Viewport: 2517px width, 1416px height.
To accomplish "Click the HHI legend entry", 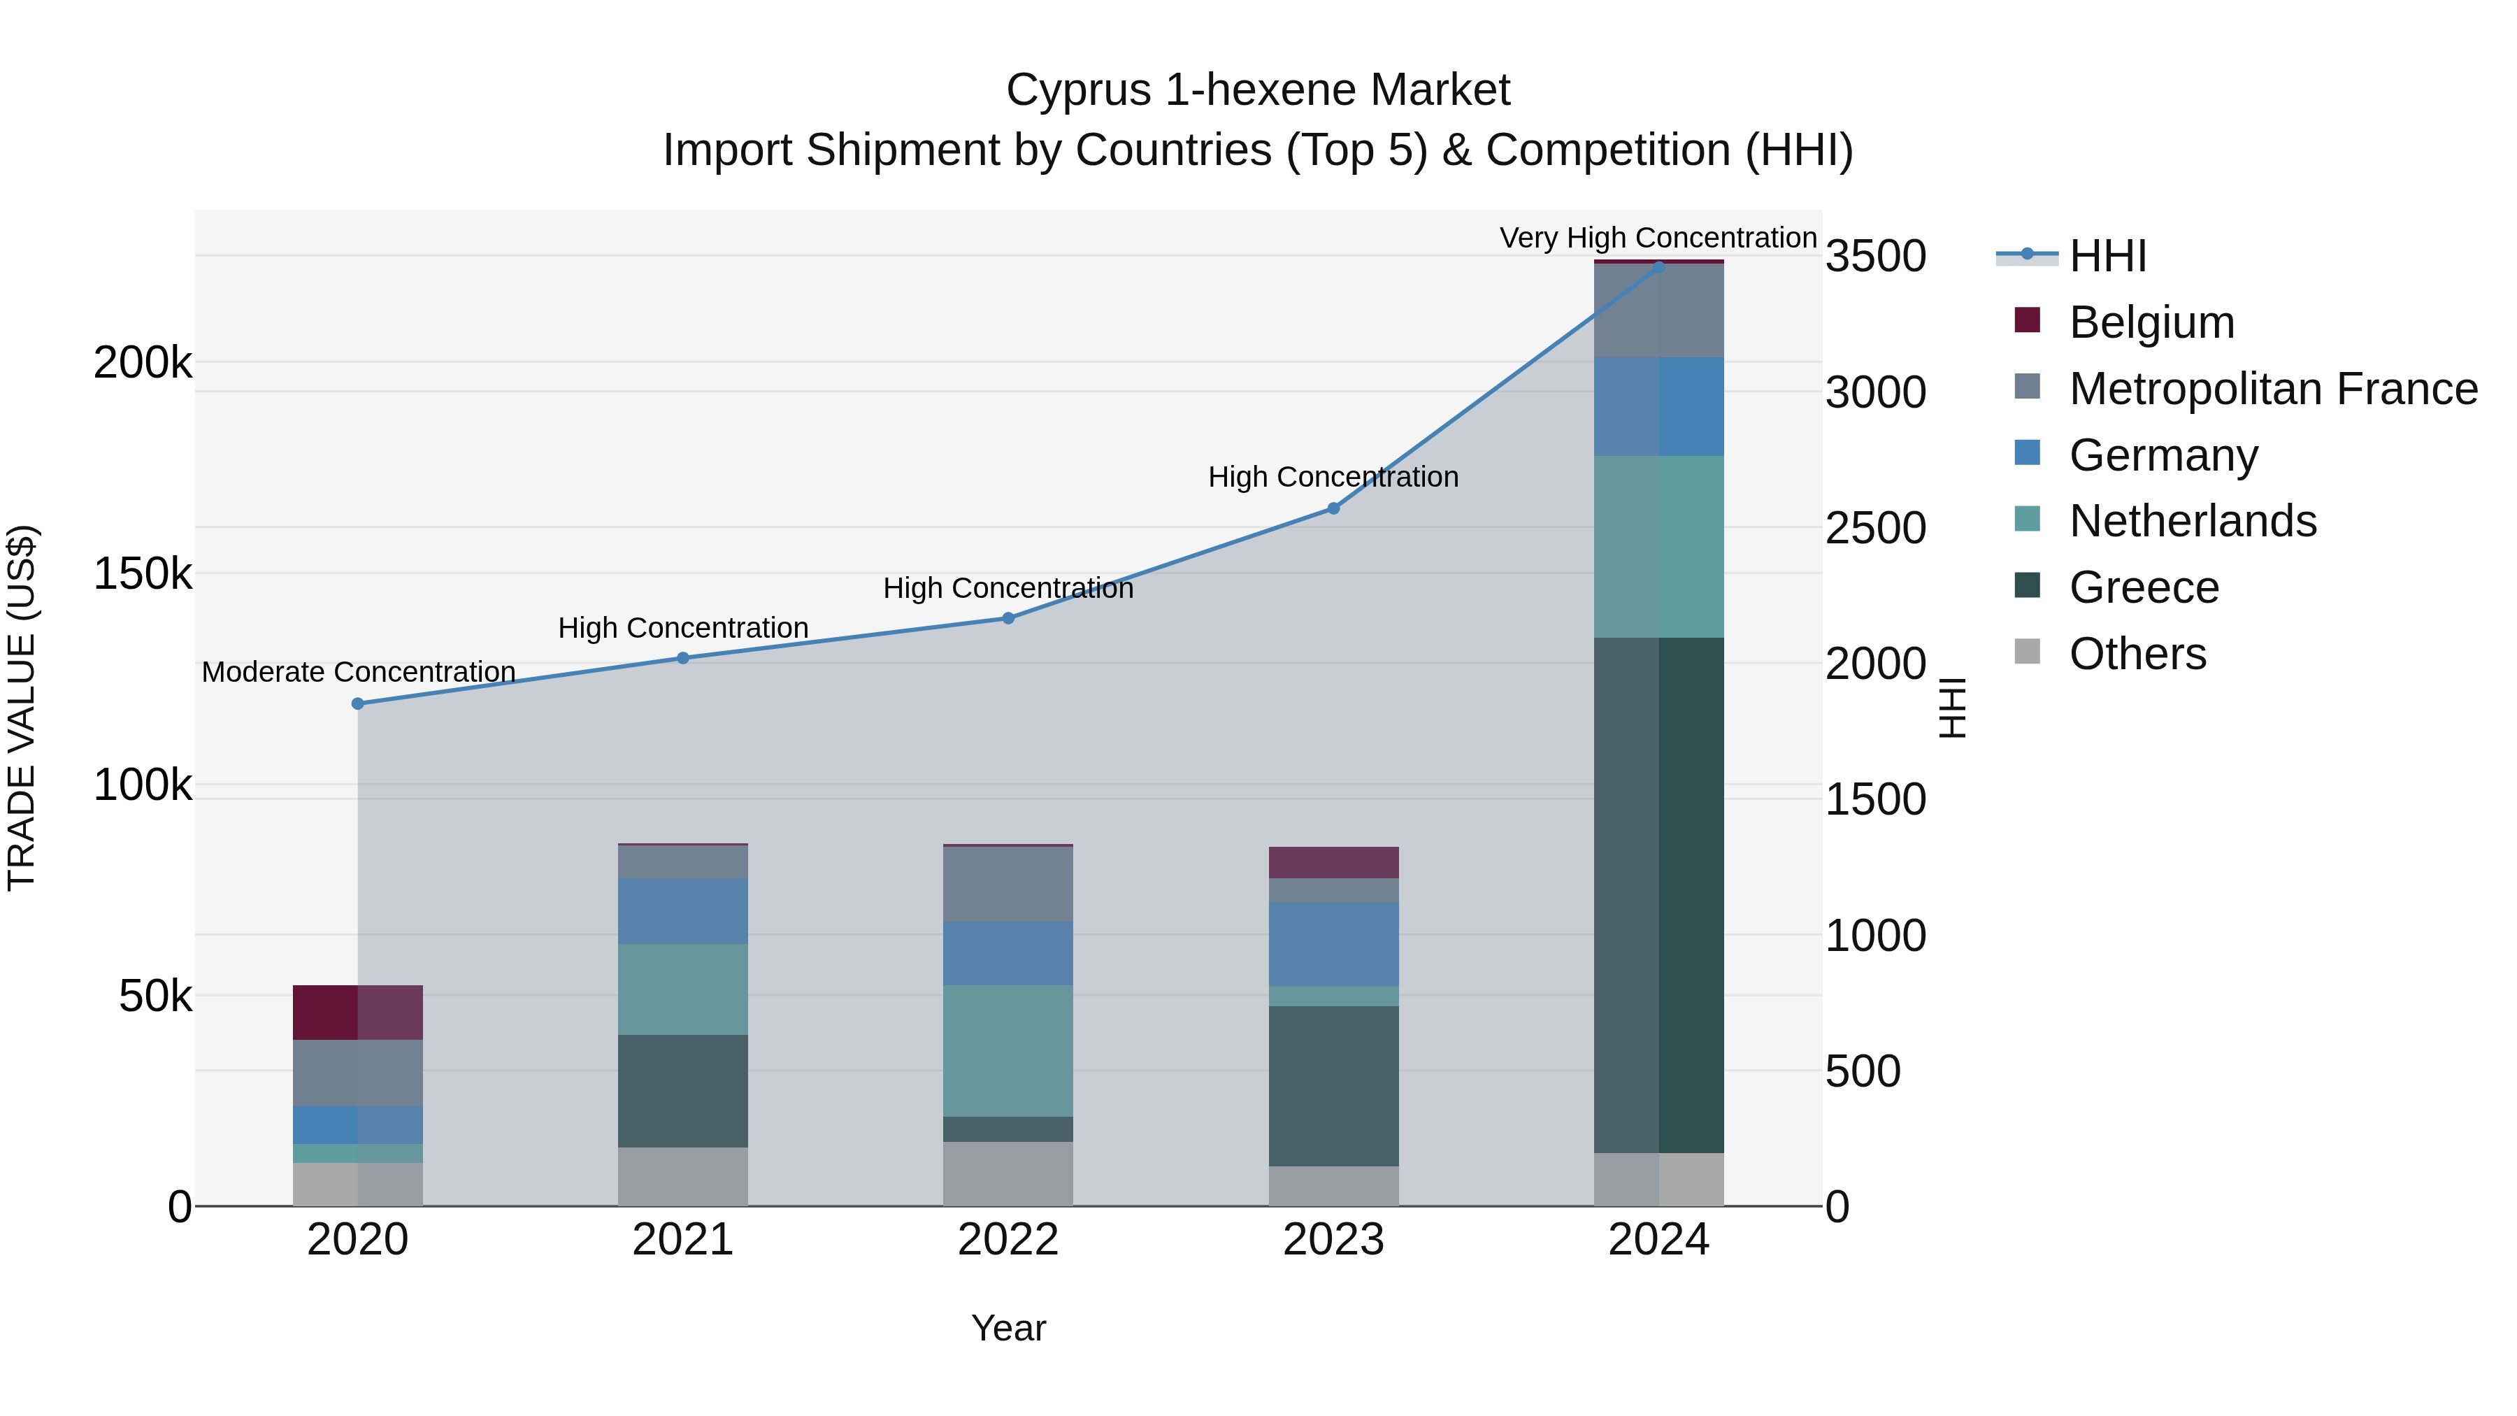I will (x=2107, y=256).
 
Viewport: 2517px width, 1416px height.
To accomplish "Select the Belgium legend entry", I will (x=2151, y=322).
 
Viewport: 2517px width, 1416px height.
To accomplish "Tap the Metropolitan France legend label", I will (x=2273, y=389).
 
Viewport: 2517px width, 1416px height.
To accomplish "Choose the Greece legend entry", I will (x=2143, y=587).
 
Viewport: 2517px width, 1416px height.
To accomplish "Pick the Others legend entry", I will (x=2137, y=654).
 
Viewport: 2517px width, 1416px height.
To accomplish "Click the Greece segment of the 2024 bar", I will (x=1659, y=894).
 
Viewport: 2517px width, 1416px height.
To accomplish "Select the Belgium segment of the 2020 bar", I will (x=357, y=1013).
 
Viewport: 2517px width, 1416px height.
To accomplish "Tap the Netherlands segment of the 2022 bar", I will (x=1008, y=1050).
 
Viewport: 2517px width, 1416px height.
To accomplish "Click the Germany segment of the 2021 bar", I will (x=683, y=910).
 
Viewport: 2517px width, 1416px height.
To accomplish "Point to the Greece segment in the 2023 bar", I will (x=1334, y=1086).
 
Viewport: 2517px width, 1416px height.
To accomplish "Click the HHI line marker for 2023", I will (x=1334, y=508).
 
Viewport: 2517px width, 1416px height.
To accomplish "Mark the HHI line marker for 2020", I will (x=357, y=703).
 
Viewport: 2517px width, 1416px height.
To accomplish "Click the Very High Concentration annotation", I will (x=1658, y=238).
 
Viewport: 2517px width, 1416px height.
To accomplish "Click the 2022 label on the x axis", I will (x=1008, y=1240).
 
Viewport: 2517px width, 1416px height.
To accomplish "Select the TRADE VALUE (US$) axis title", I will (x=22, y=708).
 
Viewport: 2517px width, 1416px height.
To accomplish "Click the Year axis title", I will (x=1008, y=1328).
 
